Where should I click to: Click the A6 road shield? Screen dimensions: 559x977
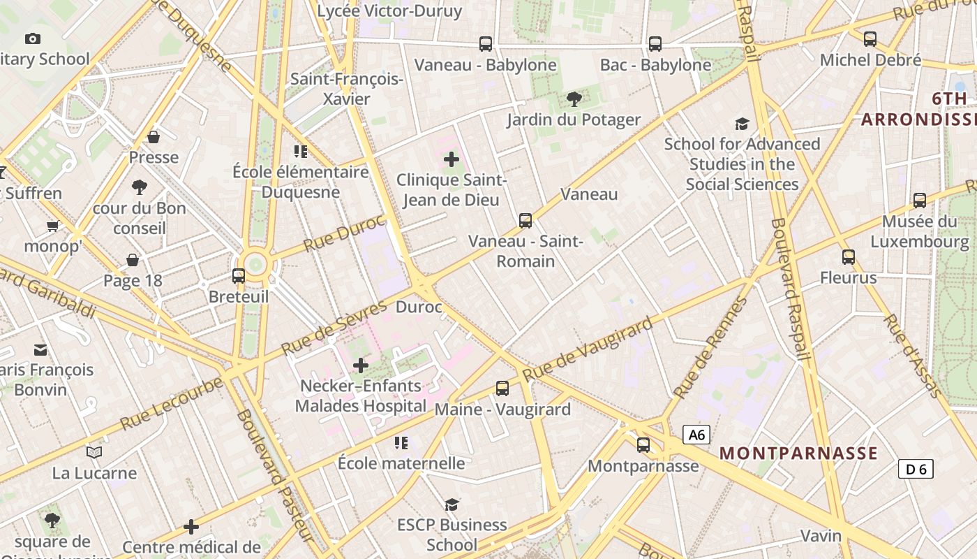click(x=696, y=435)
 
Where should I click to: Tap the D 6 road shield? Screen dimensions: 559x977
click(x=916, y=469)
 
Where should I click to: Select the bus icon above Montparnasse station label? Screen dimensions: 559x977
click(x=643, y=444)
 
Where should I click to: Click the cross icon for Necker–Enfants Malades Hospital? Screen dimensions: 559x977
click(x=360, y=365)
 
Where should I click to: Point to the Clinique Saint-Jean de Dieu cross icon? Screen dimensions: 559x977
click(x=452, y=159)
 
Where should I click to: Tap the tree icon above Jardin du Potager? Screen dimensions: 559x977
click(x=574, y=99)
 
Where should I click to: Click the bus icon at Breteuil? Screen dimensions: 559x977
click(x=239, y=276)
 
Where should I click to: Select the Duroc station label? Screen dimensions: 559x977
click(x=419, y=307)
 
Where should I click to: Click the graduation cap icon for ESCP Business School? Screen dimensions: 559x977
click(x=452, y=504)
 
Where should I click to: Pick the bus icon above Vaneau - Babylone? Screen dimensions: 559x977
click(x=486, y=44)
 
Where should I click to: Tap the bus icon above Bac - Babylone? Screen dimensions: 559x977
click(x=655, y=44)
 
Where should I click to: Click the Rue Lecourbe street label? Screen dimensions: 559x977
click(x=172, y=404)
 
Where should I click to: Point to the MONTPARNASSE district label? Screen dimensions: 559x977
click(x=798, y=453)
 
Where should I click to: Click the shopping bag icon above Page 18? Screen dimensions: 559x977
click(x=133, y=261)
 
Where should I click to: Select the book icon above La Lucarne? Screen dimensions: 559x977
click(x=94, y=452)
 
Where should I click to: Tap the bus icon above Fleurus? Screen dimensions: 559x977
click(x=849, y=257)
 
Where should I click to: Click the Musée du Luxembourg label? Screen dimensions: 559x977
click(x=919, y=231)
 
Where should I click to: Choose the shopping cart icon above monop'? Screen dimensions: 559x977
click(x=52, y=225)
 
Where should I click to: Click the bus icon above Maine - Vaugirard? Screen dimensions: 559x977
click(x=502, y=389)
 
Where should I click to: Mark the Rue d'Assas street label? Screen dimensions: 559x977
click(x=913, y=356)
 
